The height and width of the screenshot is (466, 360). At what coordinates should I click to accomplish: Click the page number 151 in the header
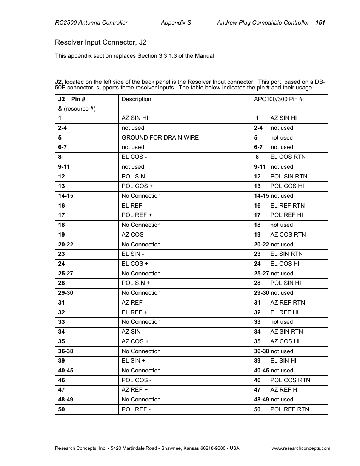(320, 23)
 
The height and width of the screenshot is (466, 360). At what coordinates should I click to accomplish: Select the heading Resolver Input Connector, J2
(100, 42)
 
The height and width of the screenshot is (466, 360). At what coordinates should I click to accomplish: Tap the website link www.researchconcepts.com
(301, 448)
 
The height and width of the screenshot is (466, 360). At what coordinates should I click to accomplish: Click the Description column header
(137, 99)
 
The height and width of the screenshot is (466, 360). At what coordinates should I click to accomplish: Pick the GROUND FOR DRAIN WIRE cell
(160, 138)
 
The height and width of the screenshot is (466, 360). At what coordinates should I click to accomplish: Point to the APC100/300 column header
(278, 99)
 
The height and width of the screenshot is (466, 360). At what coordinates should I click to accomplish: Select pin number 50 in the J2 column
(62, 409)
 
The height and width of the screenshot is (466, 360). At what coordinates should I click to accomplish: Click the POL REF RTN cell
(289, 409)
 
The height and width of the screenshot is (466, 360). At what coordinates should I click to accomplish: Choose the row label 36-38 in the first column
(66, 351)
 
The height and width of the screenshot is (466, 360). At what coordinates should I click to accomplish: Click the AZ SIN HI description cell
(135, 118)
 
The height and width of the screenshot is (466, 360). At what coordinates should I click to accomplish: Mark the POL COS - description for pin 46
(137, 380)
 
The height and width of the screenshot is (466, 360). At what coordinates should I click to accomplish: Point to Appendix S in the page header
(176, 23)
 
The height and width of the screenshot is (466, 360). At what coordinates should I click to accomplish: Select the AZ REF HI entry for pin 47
(284, 390)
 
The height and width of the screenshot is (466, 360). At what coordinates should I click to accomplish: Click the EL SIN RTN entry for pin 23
(286, 254)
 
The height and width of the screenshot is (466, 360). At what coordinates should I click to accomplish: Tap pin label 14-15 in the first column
(66, 196)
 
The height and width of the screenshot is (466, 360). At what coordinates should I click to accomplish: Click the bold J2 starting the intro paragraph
(58, 82)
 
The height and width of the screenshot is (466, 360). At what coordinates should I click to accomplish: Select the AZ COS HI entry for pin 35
(285, 341)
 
